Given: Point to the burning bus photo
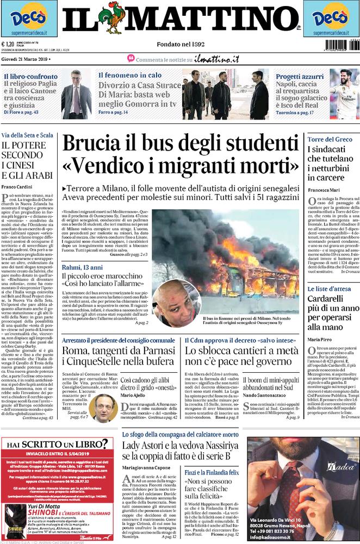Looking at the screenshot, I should tap(225, 261).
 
